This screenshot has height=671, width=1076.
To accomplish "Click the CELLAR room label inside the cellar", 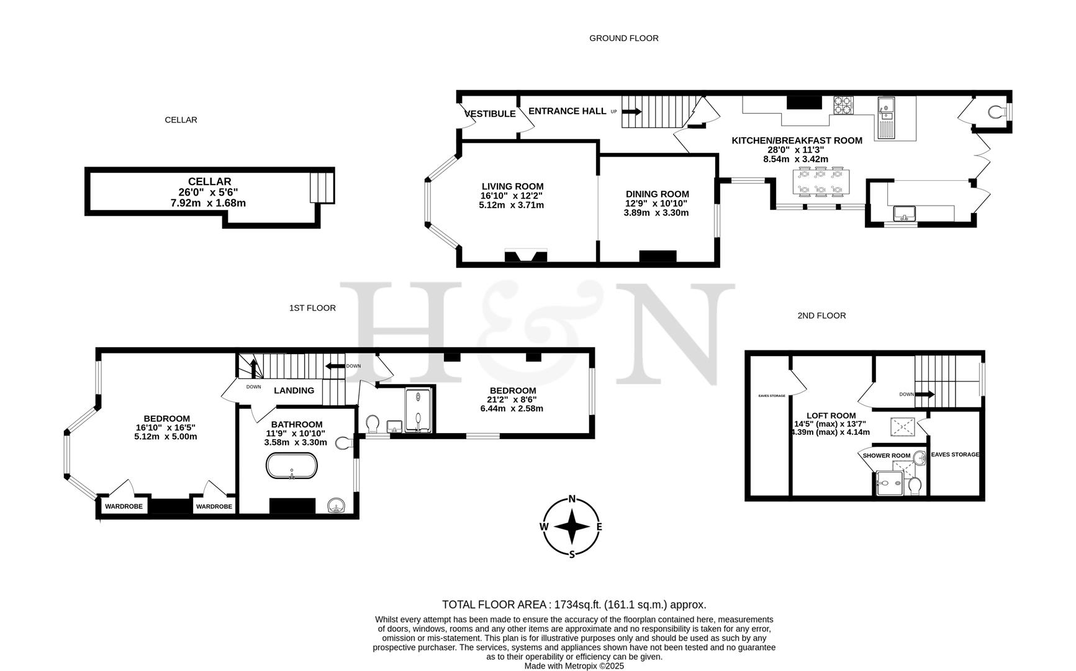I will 209,181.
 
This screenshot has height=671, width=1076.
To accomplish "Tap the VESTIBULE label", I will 491,114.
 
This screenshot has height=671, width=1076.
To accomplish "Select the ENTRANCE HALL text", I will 567,111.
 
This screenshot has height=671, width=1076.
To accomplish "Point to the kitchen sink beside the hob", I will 885,118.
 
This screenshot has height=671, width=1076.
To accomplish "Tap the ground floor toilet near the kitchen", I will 997,112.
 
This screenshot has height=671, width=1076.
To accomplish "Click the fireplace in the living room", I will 526,255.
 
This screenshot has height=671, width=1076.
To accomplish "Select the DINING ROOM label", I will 657,194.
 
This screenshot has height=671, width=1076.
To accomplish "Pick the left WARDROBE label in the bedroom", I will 124,506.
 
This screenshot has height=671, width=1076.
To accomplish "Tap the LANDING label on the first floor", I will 294,390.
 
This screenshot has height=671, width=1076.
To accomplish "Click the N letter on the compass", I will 572,499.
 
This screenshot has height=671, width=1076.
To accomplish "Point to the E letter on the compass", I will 599,527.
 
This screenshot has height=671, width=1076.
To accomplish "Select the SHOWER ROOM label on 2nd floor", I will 886,455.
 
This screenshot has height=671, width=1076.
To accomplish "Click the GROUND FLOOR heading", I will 623,38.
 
